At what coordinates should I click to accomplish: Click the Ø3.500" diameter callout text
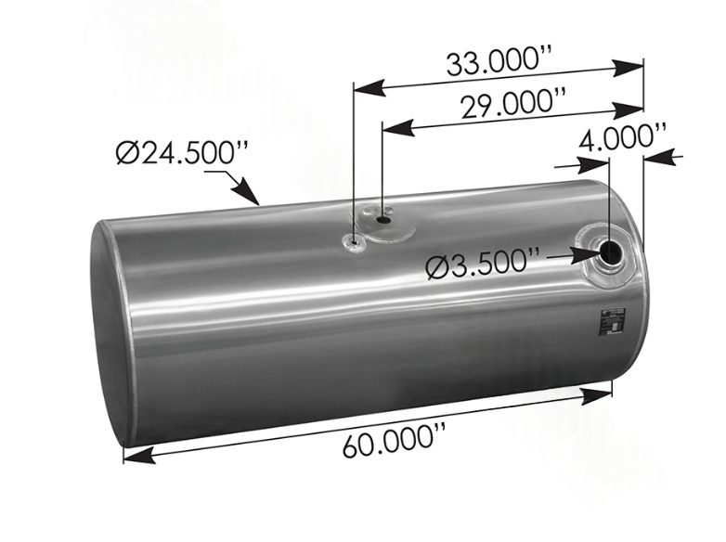pyautogui.click(x=484, y=267)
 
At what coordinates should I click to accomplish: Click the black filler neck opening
pyautogui.click(x=611, y=252)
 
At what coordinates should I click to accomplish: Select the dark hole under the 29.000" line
pyautogui.click(x=385, y=221)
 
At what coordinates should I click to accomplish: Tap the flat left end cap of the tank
pyautogui.click(x=110, y=334)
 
